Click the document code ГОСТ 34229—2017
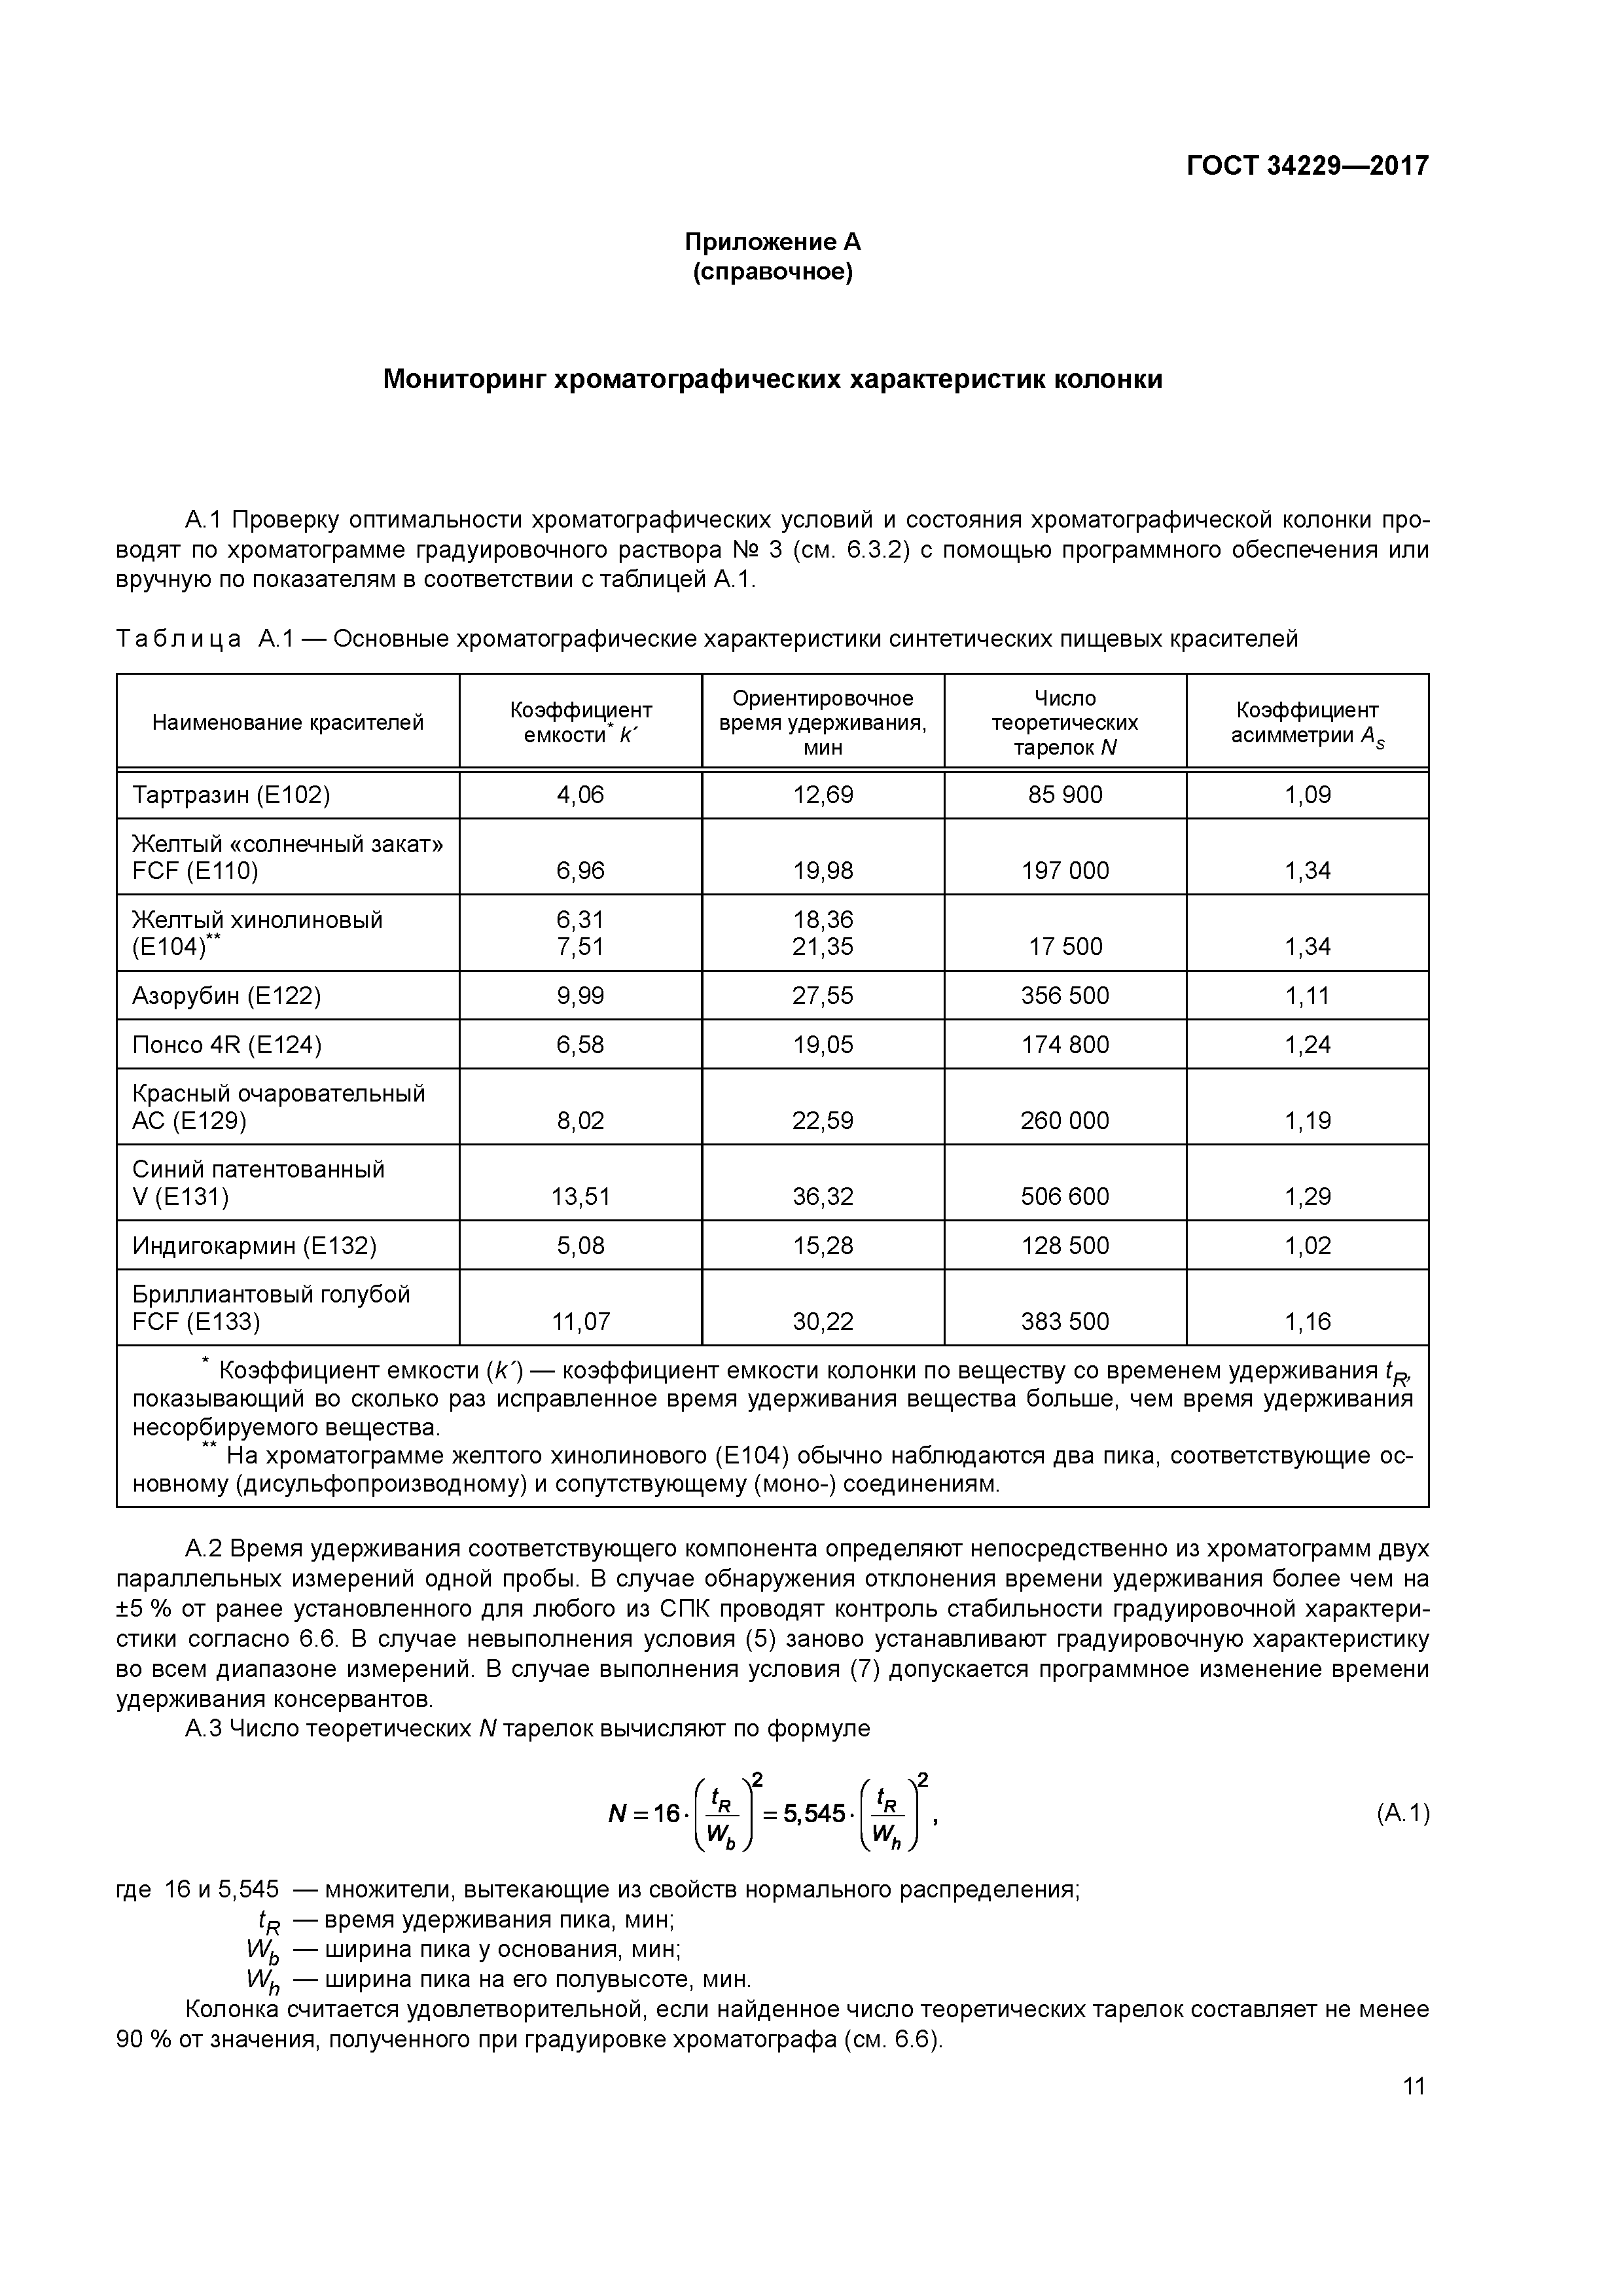[1307, 166]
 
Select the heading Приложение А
[772, 242]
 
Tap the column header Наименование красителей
[288, 722]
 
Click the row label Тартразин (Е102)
[231, 795]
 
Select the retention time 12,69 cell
[823, 795]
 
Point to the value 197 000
[1065, 871]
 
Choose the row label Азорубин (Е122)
[227, 996]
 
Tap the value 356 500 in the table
[1065, 996]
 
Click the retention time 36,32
[823, 1197]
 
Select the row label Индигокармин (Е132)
[254, 1246]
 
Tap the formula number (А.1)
[1402, 1813]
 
